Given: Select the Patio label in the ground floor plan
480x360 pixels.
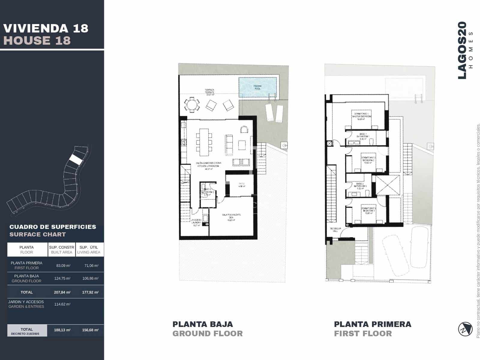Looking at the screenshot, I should coord(242,185).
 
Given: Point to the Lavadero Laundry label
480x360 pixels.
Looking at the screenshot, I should coord(196,222).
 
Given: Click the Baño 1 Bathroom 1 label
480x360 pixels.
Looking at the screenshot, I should coord(362,136).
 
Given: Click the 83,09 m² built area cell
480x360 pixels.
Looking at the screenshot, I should coord(63,265).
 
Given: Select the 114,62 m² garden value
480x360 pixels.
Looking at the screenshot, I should coord(62,304).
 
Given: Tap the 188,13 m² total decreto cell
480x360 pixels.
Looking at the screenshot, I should coord(62,330).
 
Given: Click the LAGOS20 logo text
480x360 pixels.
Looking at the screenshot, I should coord(462,50).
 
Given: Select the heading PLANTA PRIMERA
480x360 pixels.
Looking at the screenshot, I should coord(373,324).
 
